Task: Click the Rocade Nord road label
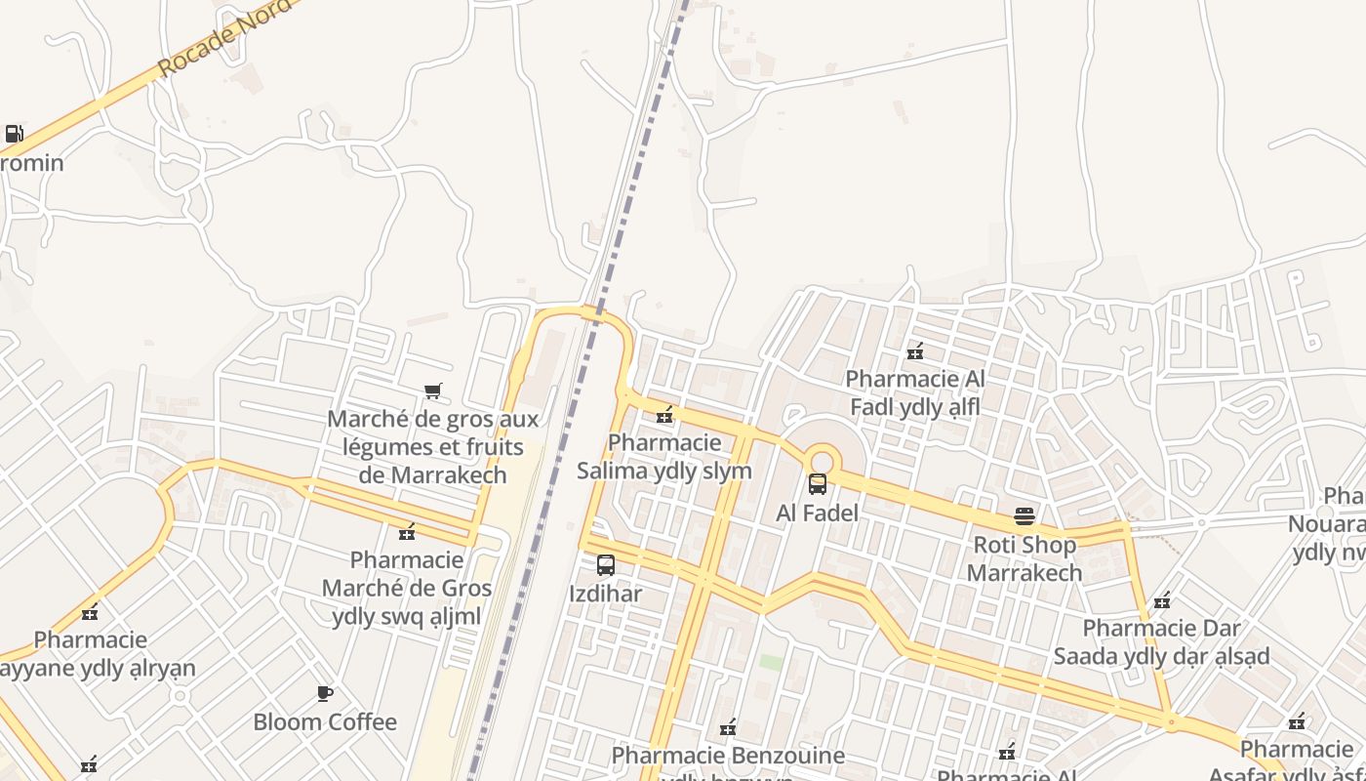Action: (x=224, y=38)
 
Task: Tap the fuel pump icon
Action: (x=14, y=134)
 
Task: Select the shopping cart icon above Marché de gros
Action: (x=432, y=391)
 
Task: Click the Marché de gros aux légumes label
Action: (x=432, y=447)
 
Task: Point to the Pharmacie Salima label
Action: (x=664, y=456)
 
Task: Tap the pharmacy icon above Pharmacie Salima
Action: (x=664, y=416)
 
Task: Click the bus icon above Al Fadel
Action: (x=818, y=484)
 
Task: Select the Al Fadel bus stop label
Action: (x=818, y=513)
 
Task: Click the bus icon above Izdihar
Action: (x=606, y=565)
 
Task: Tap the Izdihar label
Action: (x=606, y=594)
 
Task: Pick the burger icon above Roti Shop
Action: (x=1024, y=515)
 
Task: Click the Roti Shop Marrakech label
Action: (x=1024, y=558)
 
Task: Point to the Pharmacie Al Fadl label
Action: (x=915, y=392)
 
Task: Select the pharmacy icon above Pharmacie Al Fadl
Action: (x=915, y=351)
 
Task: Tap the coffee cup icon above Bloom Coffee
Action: (x=325, y=694)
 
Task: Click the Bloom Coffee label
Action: (x=325, y=722)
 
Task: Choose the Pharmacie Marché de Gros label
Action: (x=407, y=589)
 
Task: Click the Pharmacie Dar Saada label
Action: (x=1161, y=641)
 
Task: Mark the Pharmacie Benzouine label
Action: (x=728, y=756)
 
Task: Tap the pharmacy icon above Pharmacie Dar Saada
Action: (x=1161, y=601)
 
